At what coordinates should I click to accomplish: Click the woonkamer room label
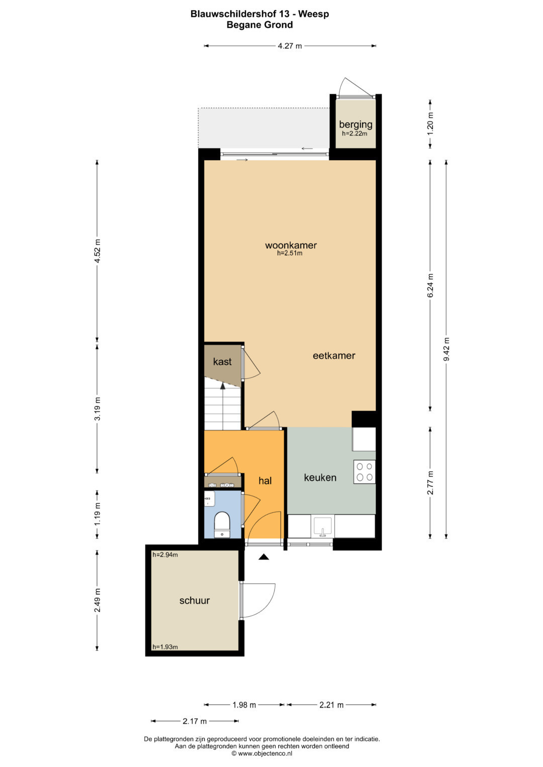point(291,245)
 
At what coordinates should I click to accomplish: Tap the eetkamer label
point(334,356)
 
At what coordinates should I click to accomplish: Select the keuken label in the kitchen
point(320,478)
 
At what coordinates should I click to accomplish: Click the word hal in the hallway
point(265,481)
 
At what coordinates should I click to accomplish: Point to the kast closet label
point(222,362)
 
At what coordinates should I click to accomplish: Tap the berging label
point(355,125)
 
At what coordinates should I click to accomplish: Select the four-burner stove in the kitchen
point(365,472)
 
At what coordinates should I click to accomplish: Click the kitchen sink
point(323,527)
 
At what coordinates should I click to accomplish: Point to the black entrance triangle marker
point(263,557)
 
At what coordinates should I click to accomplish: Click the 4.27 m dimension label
point(290,46)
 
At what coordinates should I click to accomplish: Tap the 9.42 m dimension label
point(446,349)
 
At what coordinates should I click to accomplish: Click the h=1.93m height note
point(165,647)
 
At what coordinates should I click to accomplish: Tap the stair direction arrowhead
point(222,386)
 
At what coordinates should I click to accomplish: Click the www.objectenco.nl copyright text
point(262,753)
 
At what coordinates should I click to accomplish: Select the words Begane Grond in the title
point(259,25)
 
